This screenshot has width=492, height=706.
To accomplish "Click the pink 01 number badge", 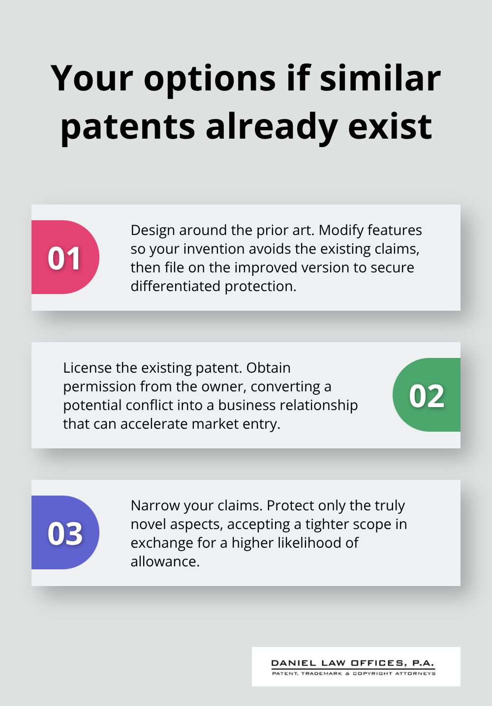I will (x=65, y=258).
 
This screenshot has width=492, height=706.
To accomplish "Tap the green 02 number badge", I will (x=427, y=395).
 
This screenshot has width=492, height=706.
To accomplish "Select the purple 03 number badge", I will (x=65, y=533).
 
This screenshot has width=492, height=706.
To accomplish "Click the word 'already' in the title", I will (x=272, y=127).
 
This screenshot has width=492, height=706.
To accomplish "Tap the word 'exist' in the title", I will (x=390, y=126).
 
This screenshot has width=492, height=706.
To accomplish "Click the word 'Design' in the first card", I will (x=153, y=230).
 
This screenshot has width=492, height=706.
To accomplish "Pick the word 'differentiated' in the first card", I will (x=176, y=286).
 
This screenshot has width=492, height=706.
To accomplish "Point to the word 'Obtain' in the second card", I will (x=268, y=368).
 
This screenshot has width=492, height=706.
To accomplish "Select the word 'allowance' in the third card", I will (x=164, y=561).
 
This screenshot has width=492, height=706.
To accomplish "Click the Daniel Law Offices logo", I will (x=356, y=667).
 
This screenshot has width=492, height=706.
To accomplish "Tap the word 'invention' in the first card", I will (x=214, y=249).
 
